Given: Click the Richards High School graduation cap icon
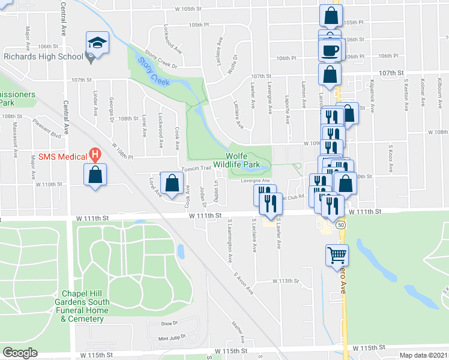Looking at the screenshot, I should pos(96,43).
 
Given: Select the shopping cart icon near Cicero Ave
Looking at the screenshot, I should pos(337,255).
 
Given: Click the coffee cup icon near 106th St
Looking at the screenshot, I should pos(330,50).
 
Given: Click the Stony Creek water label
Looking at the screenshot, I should pos(154,71).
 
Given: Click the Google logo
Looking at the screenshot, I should pos(20,352).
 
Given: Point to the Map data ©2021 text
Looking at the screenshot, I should pos(423,355).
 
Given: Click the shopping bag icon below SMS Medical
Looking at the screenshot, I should pos(95,176).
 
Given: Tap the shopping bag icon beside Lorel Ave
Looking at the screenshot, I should pos(172,185).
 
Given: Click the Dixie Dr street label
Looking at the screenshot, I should pos(170,323).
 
